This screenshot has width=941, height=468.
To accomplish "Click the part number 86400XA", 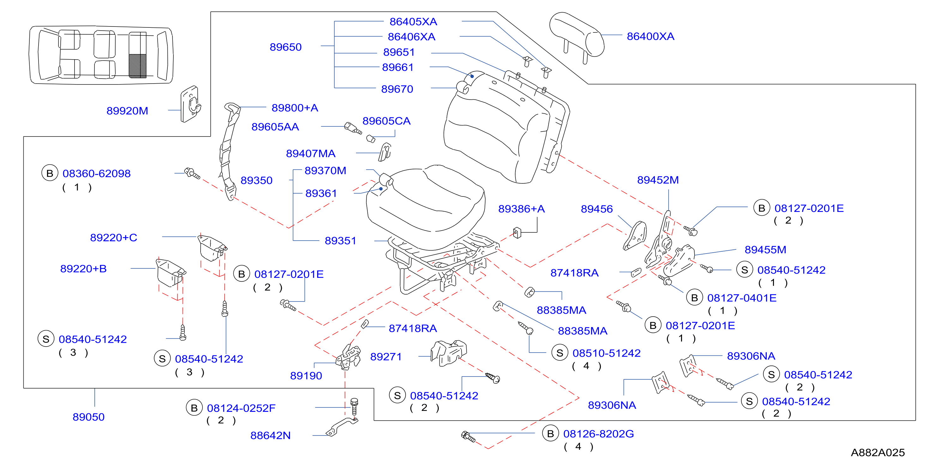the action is pos(650,37).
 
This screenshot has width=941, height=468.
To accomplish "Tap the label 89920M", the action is pos(127,111).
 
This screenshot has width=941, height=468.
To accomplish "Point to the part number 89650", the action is pos(285,47).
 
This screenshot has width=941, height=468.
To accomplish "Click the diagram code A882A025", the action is pos(878,453).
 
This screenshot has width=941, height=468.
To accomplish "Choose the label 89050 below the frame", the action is pos(88,417).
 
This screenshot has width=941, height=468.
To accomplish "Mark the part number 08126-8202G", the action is pos(598,434).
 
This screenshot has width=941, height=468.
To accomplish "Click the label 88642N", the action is pos(270,436).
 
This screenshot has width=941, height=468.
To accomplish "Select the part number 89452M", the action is pos(658,180).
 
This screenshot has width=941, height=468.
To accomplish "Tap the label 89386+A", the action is pos(521,209).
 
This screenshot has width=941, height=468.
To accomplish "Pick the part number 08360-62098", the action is pos(96,174).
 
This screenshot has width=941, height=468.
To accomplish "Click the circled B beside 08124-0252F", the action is pos(194,408).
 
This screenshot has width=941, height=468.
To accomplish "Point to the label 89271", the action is pos(386,357).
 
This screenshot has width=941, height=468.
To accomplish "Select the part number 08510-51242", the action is pos(606,353).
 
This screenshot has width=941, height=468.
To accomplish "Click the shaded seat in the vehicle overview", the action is pos(138,66).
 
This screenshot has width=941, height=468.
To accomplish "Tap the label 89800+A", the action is pos(295,108).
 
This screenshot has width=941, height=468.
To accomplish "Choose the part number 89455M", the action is pos(765,250).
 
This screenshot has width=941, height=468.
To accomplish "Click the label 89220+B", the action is pos(83,269).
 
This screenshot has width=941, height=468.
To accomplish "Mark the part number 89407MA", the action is pos(311,154).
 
